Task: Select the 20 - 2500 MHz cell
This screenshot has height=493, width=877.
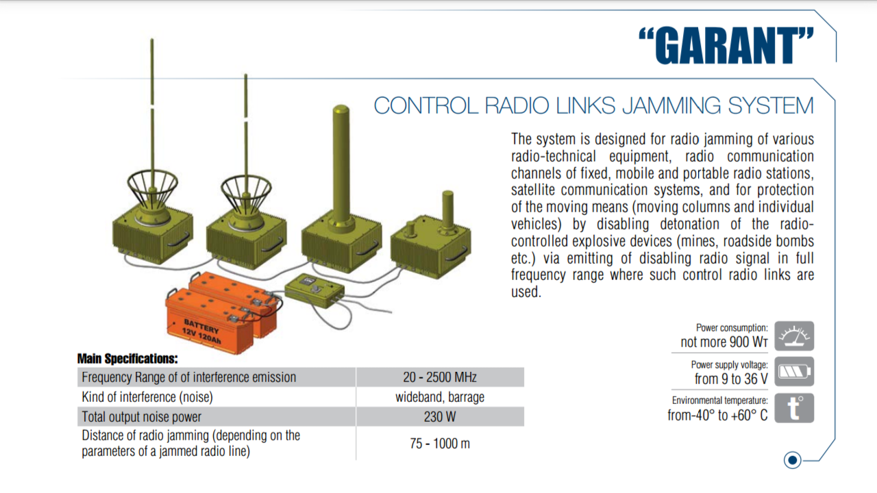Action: [440, 377]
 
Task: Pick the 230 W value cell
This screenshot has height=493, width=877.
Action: [440, 416]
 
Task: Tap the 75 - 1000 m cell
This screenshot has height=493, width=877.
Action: [440, 443]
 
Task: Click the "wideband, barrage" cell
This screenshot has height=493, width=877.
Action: [440, 397]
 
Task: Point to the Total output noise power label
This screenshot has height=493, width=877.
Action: [142, 416]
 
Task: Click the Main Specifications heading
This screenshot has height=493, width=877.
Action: [127, 358]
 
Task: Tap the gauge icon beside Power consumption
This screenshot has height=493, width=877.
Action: [794, 336]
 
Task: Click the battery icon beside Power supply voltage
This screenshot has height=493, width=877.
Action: [794, 372]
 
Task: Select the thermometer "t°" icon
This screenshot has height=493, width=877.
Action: [794, 408]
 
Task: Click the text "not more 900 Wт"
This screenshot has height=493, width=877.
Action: [724, 342]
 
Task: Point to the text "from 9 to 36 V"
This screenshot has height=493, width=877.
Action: [731, 379]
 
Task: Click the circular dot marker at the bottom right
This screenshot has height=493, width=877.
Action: [793, 460]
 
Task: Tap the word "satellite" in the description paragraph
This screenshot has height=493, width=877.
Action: [538, 190]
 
